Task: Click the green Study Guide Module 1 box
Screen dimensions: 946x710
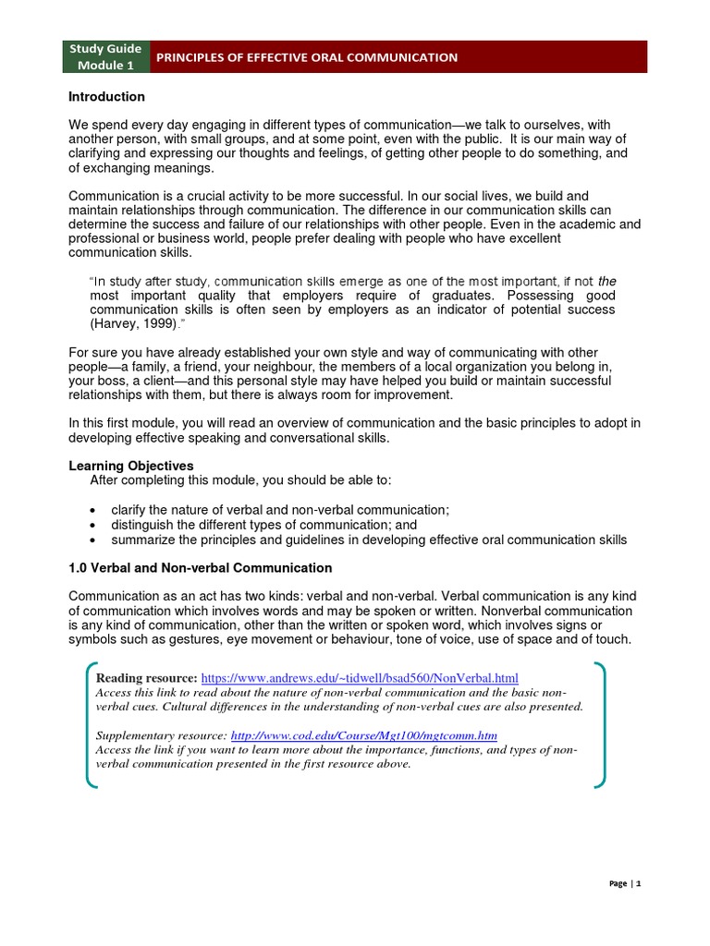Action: [104, 57]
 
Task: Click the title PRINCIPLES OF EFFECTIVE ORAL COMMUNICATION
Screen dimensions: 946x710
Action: [306, 57]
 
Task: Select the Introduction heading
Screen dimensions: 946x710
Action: [107, 97]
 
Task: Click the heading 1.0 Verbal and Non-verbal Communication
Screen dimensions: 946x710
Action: [201, 567]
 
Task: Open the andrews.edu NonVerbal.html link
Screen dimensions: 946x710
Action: [360, 677]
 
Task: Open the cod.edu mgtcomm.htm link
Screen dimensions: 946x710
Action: [364, 735]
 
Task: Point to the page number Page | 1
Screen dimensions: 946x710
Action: [625, 883]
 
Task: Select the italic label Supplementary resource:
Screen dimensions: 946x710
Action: [162, 735]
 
